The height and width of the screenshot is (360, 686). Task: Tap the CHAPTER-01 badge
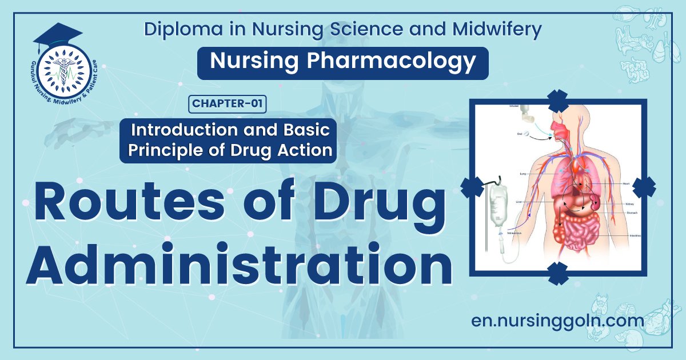(228, 103)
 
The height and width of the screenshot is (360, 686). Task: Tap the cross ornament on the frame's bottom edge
(557, 274)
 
